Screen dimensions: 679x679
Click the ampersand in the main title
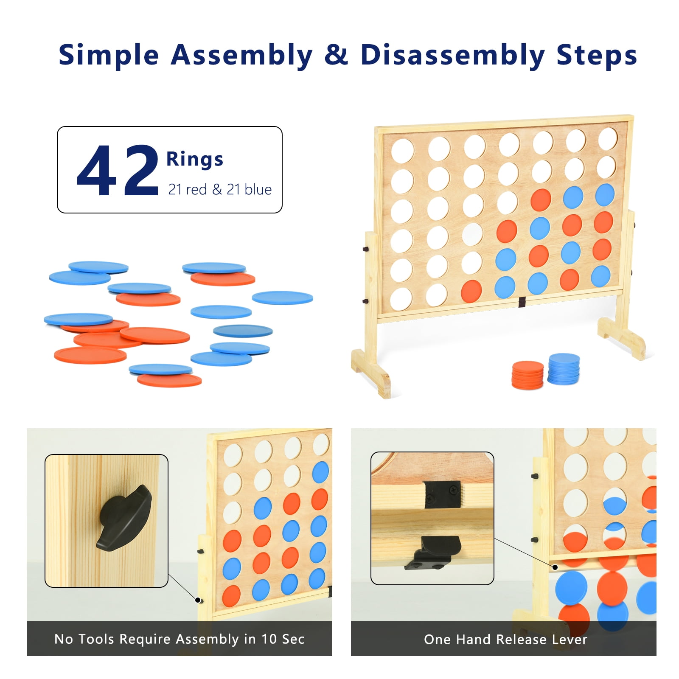pos(336,55)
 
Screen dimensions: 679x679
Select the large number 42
pos(118,170)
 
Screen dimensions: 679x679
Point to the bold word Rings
pos(194,159)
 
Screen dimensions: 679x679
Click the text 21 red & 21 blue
pos(220,189)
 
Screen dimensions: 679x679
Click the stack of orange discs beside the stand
pos(527,375)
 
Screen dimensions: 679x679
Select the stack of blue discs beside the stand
pos(564,369)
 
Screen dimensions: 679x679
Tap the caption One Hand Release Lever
pos(505,639)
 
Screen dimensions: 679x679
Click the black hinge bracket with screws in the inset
pos(442,494)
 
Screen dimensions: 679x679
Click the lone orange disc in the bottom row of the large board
pos(471,291)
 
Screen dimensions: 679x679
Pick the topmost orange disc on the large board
pos(541,200)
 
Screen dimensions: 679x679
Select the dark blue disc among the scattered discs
pos(243,331)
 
